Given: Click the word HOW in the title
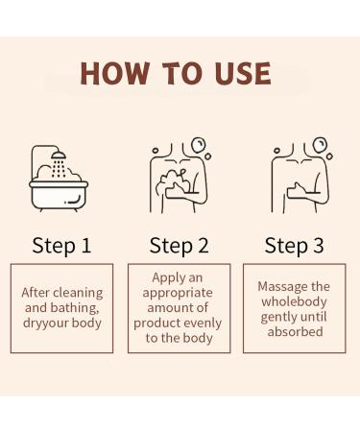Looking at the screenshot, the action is [114, 73].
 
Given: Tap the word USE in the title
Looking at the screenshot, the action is [243, 73].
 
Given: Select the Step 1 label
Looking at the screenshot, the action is [61, 246].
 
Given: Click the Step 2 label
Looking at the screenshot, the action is [180, 246].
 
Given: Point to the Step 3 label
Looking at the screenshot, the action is [295, 246].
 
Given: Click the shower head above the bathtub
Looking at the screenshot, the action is [59, 155].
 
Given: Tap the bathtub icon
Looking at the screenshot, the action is [59, 196].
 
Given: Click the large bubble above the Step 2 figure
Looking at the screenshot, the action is [198, 145].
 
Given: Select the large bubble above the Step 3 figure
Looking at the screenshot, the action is [320, 145].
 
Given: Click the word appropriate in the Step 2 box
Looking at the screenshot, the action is [178, 293].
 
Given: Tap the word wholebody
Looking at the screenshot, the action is [294, 301].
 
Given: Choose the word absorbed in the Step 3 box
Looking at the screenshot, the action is [295, 332].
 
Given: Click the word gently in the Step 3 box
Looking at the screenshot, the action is [277, 317].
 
